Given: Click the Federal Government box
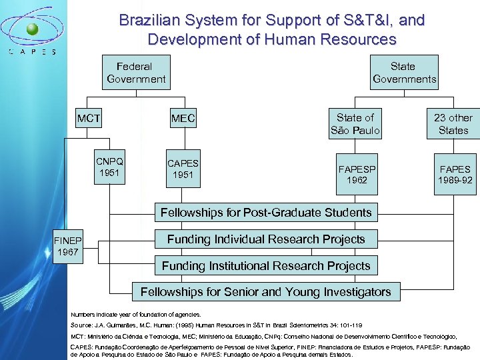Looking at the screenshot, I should click(135, 73).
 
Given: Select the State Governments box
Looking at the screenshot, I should click(404, 73).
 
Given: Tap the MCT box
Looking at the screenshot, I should click(88, 119).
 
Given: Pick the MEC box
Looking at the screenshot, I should click(183, 119).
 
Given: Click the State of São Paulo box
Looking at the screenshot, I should click(355, 124).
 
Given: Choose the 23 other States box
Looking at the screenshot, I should click(453, 124).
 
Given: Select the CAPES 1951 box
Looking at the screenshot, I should click(183, 169).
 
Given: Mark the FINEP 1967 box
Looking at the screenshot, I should click(67, 247).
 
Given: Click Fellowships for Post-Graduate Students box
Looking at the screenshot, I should click(266, 213).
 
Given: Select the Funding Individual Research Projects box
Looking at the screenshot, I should click(266, 239).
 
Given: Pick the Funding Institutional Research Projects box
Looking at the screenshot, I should click(266, 265).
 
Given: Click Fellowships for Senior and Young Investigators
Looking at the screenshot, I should click(266, 291).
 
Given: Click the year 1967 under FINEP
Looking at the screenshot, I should click(67, 253).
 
